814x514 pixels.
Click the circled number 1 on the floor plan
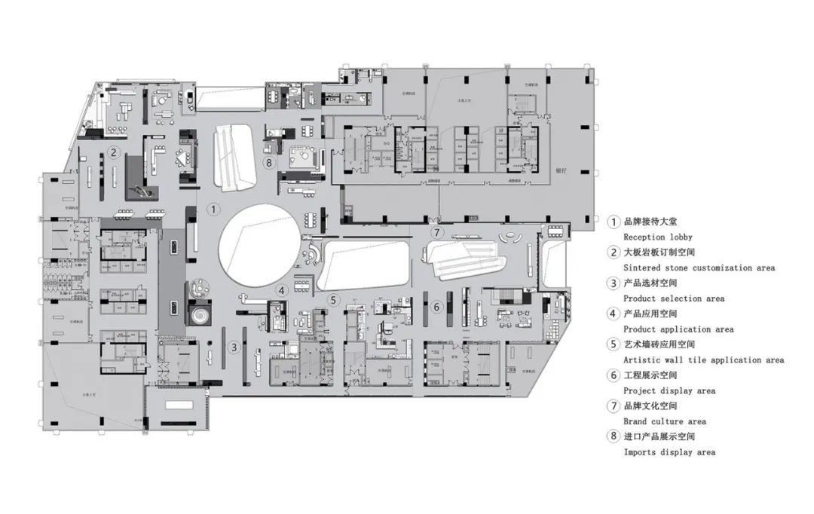(214, 208)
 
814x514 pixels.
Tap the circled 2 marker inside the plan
(113, 152)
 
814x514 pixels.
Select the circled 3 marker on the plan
(234, 347)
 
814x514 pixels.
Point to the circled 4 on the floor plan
(281, 290)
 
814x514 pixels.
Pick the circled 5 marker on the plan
(333, 299)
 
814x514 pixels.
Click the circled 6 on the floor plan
(436, 307)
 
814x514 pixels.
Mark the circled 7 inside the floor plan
(437, 232)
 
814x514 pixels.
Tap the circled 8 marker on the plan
(268, 162)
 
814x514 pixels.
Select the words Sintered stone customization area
(699, 268)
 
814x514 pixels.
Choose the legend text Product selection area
(674, 298)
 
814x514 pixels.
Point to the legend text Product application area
(678, 329)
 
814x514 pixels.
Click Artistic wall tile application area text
(703, 360)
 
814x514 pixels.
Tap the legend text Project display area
(669, 391)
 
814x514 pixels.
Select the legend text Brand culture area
(665, 422)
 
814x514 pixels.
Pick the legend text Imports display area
(669, 452)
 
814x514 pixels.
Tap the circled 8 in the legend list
(614, 436)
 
